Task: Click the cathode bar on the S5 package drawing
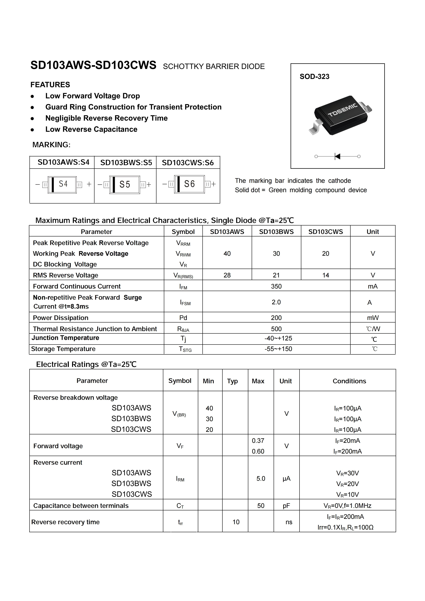tap(114, 185)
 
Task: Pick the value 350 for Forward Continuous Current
tap(276, 286)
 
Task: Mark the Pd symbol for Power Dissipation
tap(183, 318)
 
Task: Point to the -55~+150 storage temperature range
tap(278, 349)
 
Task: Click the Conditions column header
tap(349, 381)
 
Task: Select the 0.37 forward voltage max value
tap(258, 441)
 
